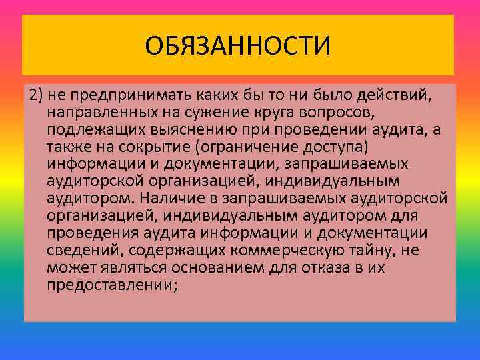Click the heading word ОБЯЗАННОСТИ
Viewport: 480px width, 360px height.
(x=238, y=47)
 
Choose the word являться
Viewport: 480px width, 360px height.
(x=125, y=267)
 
